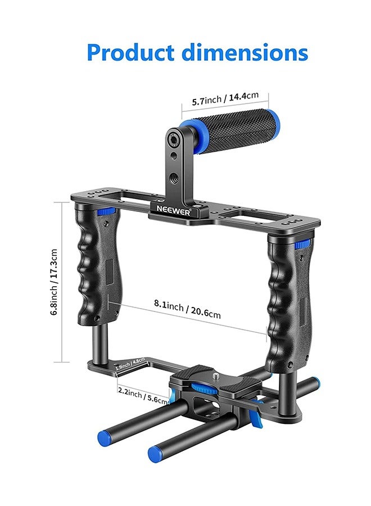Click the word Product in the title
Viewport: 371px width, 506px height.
[131, 52]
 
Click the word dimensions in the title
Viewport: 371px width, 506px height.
[244, 52]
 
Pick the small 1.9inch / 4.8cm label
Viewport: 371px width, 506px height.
[130, 364]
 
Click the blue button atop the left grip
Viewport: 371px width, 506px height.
[105, 211]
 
